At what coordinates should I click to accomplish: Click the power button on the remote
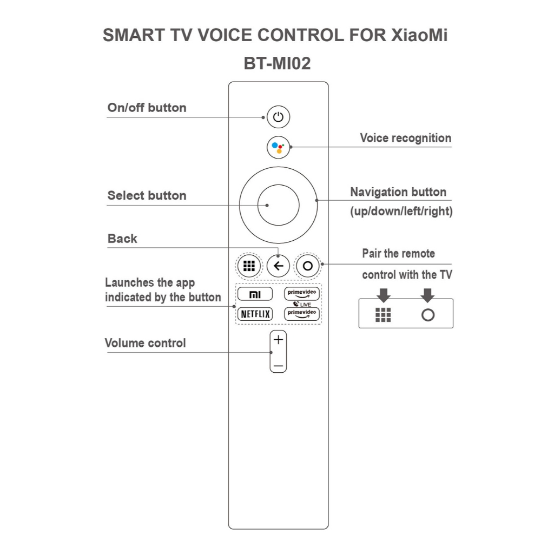[x=278, y=117]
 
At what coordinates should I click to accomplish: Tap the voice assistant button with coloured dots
[x=278, y=147]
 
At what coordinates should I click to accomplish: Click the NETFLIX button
[x=254, y=314]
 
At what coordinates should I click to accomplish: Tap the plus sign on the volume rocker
[x=278, y=340]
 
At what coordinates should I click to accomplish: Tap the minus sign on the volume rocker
[x=278, y=366]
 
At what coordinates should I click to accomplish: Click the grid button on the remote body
[x=249, y=266]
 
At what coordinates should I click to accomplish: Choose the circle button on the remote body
[x=308, y=266]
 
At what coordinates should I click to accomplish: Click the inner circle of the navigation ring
[x=278, y=206]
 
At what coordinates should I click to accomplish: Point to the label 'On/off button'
[x=147, y=108]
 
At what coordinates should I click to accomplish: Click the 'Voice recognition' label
[x=405, y=138]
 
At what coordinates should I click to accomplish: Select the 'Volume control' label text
[x=145, y=343]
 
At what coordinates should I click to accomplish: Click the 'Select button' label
[x=147, y=195]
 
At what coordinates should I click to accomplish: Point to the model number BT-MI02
[x=278, y=64]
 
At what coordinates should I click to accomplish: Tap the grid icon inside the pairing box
[x=383, y=315]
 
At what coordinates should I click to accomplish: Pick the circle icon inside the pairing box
[x=428, y=315]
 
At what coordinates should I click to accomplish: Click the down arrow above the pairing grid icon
[x=384, y=295]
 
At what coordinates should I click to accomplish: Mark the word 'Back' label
[x=122, y=239]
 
